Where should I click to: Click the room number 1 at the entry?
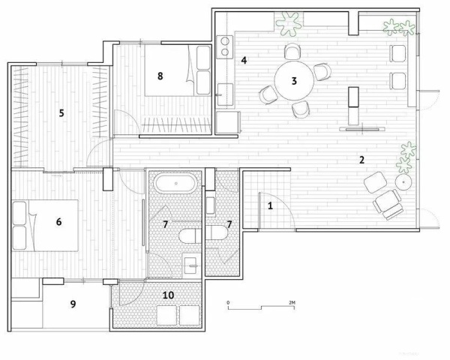270,205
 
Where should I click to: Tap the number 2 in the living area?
362,160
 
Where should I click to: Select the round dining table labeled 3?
294,81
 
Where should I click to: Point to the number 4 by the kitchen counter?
244,61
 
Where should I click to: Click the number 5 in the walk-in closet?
61,113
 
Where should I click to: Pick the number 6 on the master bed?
58,222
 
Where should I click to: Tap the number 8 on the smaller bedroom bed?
160,76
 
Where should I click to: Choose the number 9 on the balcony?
73,304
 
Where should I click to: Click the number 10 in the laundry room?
168,295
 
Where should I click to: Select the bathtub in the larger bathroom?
175,183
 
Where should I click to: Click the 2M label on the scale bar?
292,302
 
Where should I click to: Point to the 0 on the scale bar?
228,302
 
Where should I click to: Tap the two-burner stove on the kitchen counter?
225,47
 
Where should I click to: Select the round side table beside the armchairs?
403,182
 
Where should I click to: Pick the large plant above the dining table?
289,23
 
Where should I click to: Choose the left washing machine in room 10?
166,315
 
